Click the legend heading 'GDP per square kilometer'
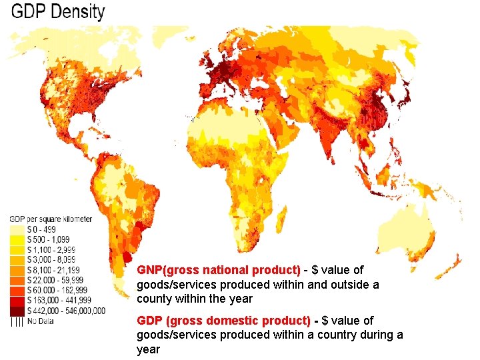[x=51, y=219]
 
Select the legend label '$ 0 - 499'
[x=41, y=229]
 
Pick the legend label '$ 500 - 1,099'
[x=48, y=239]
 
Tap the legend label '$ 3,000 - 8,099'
[x=51, y=259]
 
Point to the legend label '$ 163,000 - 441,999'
[x=57, y=301]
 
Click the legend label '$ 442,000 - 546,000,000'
[x=65, y=311]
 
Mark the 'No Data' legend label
[x=41, y=321]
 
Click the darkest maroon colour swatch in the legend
[x=17, y=311]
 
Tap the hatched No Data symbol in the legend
[x=17, y=321]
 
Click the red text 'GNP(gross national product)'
[x=219, y=270]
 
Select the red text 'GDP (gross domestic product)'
[x=223, y=321]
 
